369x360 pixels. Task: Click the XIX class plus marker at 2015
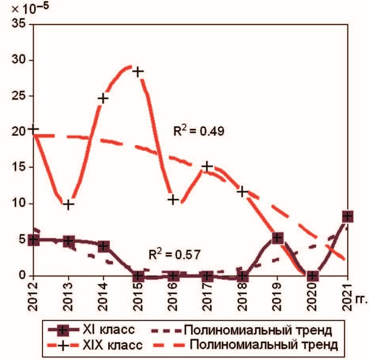point(138,71)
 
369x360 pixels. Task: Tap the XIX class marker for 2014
point(103,98)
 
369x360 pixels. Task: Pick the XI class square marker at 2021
point(347,216)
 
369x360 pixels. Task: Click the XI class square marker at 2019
point(277,237)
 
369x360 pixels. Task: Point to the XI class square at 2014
point(103,246)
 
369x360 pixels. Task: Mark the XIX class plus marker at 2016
point(173,200)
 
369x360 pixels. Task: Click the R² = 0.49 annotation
point(199,131)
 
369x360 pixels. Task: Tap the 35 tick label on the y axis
point(18,24)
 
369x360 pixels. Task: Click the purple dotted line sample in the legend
point(166,330)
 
